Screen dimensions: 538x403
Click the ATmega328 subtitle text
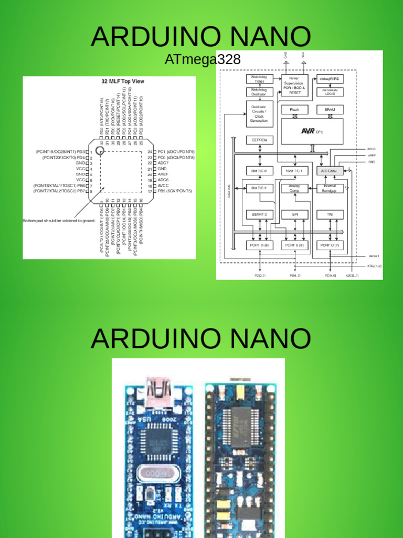pos(203,60)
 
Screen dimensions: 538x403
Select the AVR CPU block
pos(312,131)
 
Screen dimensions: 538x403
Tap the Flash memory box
pos(294,110)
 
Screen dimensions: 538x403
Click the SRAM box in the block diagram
pos(330,110)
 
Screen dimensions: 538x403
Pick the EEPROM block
pos(260,140)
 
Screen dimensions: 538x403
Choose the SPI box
pos(294,214)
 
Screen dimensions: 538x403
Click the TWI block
pos(330,214)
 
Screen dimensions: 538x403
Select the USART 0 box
pos(260,214)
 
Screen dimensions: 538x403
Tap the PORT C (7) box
pos(330,245)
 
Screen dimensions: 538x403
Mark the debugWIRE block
pos(330,79)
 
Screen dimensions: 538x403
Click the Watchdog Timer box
pos(260,79)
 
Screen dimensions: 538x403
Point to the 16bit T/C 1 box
pos(294,171)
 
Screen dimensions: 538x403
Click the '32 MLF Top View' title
pos(123,81)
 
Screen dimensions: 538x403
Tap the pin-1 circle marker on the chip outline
pos(100,150)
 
